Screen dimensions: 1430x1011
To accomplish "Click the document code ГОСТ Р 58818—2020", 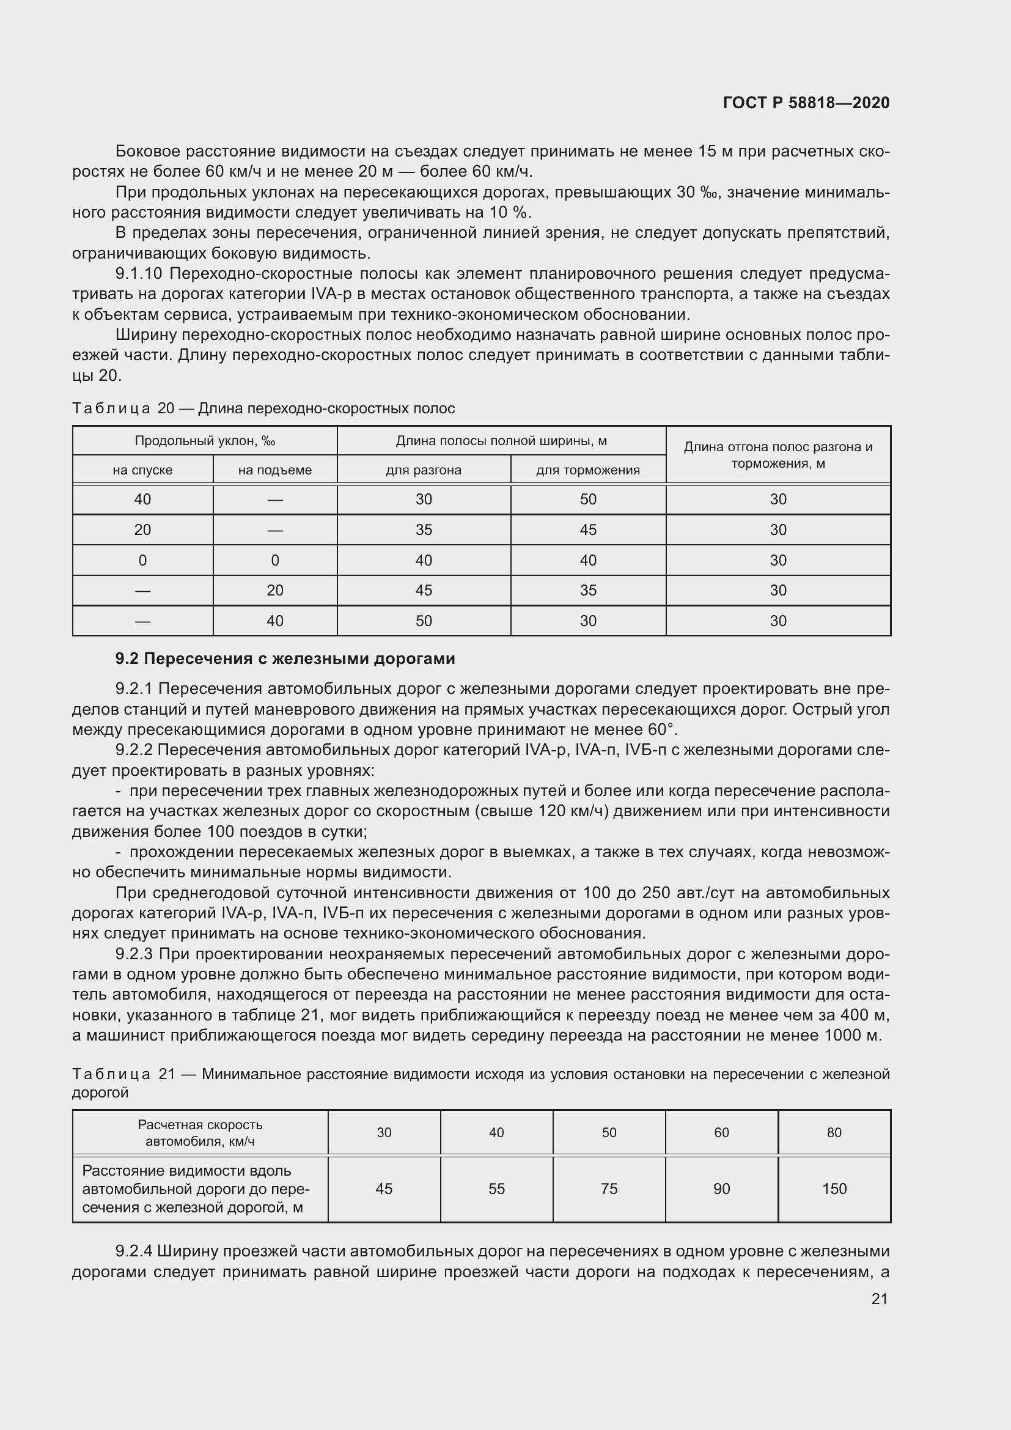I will (806, 103).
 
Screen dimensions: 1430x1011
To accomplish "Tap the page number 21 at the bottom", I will (879, 1299).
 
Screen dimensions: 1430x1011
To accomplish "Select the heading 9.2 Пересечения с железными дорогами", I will (285, 658).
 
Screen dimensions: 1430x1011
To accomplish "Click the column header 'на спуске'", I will (142, 470).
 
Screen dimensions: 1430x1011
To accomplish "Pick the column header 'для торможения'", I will (587, 470).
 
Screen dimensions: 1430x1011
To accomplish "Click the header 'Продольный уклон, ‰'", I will (205, 441).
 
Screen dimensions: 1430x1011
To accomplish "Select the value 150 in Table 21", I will (834, 1189).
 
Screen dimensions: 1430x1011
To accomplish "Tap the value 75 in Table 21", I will (609, 1189).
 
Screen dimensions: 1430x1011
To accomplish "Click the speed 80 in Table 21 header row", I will (834, 1133).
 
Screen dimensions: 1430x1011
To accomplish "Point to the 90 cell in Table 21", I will (721, 1189).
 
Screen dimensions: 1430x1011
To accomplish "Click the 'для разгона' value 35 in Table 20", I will (424, 530).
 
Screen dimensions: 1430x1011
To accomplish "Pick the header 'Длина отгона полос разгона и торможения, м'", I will (778, 455).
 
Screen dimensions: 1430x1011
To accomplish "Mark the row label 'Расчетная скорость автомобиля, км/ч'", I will (200, 1133).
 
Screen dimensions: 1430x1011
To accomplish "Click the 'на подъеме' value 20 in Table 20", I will (274, 591).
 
